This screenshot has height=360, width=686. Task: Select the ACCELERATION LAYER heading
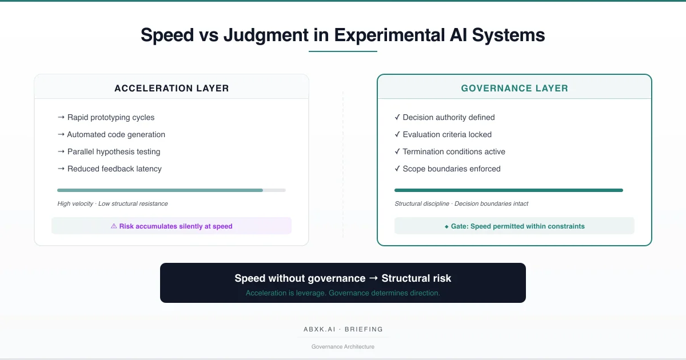[x=171, y=89]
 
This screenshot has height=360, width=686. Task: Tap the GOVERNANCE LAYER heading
[x=514, y=89]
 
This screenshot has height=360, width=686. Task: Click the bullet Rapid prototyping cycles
[x=111, y=117]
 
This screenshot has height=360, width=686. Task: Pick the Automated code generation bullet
[x=116, y=134]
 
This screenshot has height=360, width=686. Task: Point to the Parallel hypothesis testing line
[x=114, y=151]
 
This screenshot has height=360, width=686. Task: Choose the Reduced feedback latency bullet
[x=114, y=169]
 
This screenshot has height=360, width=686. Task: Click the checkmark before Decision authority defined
[x=397, y=117]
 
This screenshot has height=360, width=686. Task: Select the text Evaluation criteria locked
[x=447, y=134]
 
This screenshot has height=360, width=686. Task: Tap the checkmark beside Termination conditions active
[x=397, y=151]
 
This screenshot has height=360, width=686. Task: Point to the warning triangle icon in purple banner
[x=114, y=226]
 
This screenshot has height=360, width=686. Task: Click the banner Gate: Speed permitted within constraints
[x=514, y=226]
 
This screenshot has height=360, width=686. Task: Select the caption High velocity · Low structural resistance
[x=113, y=203]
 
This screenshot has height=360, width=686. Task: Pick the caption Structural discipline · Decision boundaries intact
[x=461, y=203]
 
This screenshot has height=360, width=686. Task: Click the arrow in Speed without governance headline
[x=373, y=279]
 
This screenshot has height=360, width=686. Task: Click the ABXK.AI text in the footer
[x=319, y=329]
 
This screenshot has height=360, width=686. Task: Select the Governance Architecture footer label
[x=343, y=346]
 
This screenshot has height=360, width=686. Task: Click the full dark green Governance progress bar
[x=509, y=190]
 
